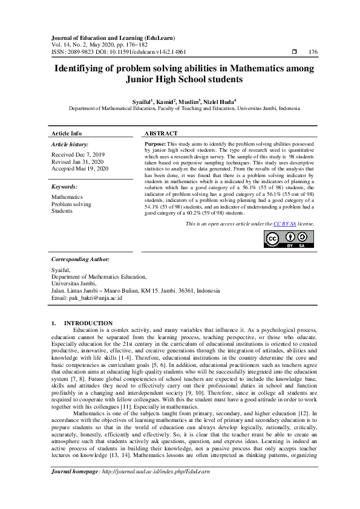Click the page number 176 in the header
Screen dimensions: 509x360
click(312, 53)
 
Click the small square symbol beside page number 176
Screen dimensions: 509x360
click(294, 53)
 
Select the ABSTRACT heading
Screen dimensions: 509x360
click(161, 133)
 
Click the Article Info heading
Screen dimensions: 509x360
click(67, 133)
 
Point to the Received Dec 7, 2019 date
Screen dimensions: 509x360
click(77, 155)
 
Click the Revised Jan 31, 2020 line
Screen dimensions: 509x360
click(77, 161)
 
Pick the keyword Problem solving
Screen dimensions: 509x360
click(71, 204)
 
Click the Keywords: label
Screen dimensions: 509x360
click(64, 187)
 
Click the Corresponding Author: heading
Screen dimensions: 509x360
click(80, 259)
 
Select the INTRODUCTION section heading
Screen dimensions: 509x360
click(88, 323)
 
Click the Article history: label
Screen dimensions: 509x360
click(70, 144)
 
